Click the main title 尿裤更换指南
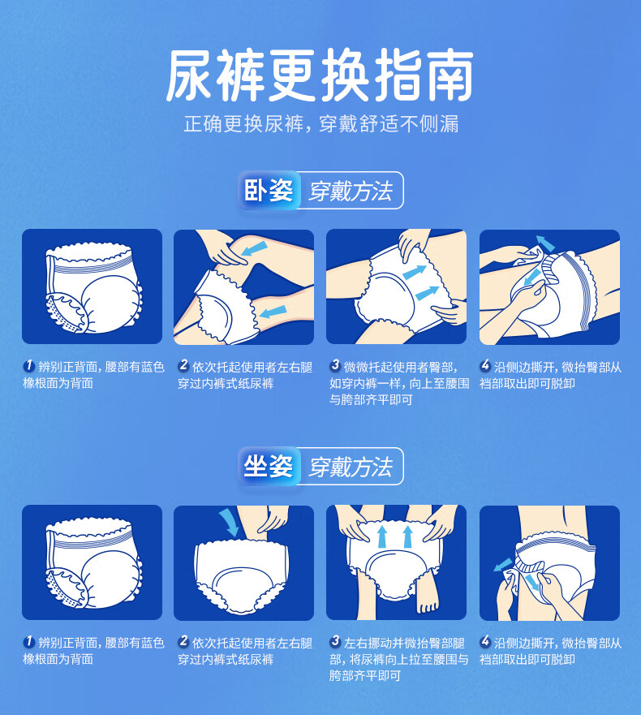click(x=320, y=75)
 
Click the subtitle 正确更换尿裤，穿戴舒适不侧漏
click(x=321, y=123)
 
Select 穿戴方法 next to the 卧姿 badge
click(x=351, y=191)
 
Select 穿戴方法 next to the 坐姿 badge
click(x=351, y=467)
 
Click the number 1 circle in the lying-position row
click(x=28, y=366)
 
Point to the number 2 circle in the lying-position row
click(x=183, y=365)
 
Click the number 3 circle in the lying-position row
click(x=335, y=365)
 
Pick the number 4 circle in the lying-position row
click(x=485, y=365)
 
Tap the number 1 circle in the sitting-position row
click(x=28, y=642)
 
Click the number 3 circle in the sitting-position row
click(x=335, y=641)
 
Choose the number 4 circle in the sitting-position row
click(x=485, y=641)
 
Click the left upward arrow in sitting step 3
click(x=382, y=536)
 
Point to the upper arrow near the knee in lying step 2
click(x=254, y=248)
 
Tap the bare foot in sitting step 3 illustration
click(x=427, y=595)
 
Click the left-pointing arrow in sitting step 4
click(x=503, y=565)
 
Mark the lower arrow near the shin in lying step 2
click(x=273, y=312)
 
